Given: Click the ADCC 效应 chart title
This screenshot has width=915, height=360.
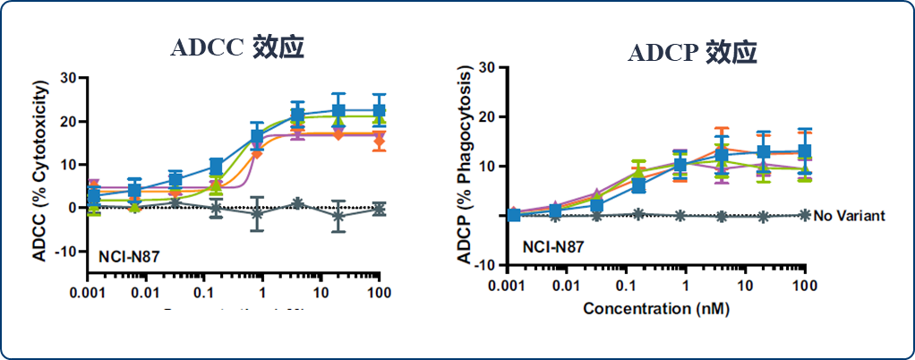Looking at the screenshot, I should [237, 47].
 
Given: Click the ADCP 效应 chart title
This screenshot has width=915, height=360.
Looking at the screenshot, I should [692, 53].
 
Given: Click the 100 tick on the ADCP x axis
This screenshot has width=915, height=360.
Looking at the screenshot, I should [804, 285].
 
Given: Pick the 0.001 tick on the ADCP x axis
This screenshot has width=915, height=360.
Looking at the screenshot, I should [509, 285].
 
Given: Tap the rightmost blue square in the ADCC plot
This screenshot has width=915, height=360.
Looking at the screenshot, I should [379, 111].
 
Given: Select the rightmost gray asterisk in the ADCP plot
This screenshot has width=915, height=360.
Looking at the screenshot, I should [804, 215].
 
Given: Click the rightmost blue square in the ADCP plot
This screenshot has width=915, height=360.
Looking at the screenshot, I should [804, 152].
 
